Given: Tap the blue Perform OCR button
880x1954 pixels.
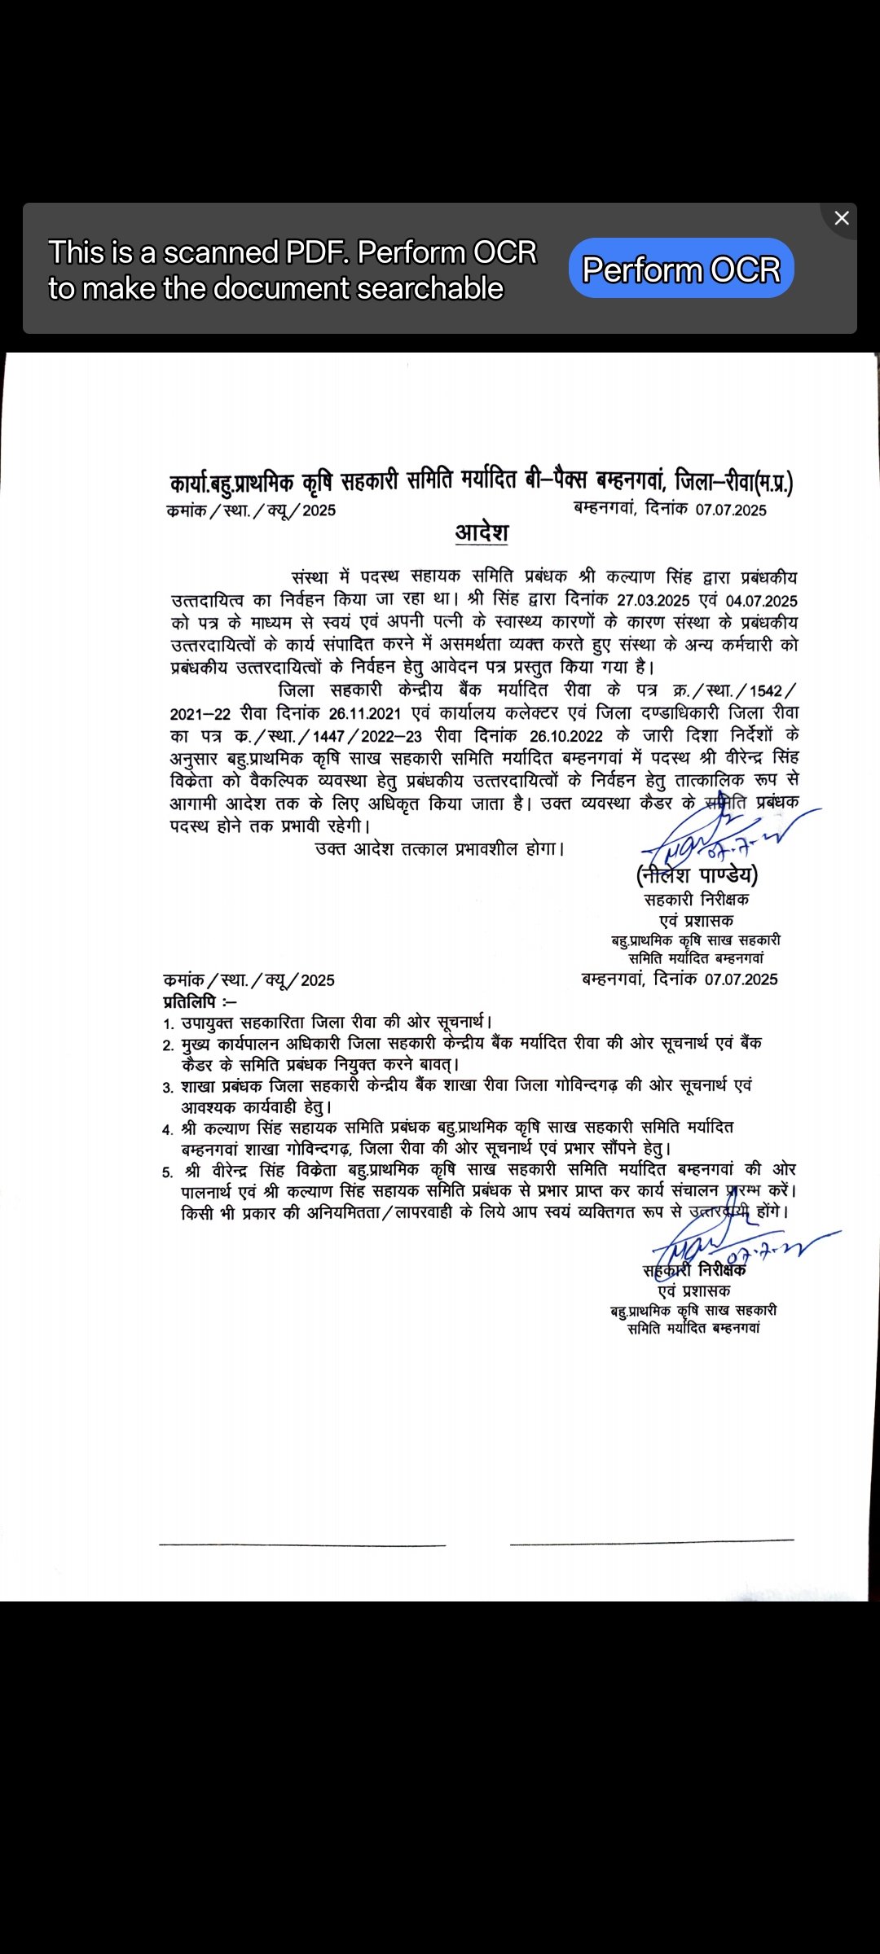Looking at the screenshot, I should pos(681,269).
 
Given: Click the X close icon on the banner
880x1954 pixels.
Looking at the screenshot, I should pos(842,218).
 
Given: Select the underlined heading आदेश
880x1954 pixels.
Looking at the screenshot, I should pos(482,532).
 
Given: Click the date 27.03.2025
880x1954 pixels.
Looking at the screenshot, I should pos(653,601).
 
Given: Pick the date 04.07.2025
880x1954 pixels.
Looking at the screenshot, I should pos(761,601).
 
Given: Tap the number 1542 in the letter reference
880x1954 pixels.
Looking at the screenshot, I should pos(766,690).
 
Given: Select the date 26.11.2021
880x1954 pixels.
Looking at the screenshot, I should pos(364,714).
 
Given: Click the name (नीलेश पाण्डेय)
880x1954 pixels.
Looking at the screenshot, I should pos(697,876).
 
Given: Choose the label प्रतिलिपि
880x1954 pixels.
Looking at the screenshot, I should pos(190,1001).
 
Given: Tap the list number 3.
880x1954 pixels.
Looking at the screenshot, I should pos(167,1088).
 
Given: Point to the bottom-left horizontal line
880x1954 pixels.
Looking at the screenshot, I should pos(301,1544).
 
